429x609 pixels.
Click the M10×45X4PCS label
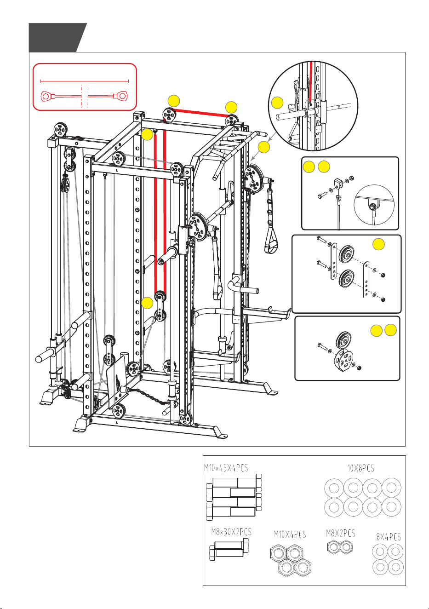[x=226, y=468]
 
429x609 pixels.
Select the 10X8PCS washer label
[x=361, y=468]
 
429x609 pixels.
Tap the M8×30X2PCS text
[x=231, y=532]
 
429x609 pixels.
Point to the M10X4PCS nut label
[x=290, y=534]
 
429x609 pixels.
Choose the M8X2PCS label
[x=341, y=533]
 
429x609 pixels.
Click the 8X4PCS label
[x=389, y=537]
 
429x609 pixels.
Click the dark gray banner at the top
[x=57, y=38]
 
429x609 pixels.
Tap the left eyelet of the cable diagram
[x=46, y=96]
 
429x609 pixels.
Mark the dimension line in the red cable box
[x=84, y=81]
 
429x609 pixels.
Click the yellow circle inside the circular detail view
[x=277, y=103]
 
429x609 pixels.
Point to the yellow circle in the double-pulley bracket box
[x=378, y=244]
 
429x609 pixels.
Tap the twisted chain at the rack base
[x=148, y=396]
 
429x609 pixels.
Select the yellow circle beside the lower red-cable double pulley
[x=147, y=303]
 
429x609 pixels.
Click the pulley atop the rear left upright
[x=60, y=129]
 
